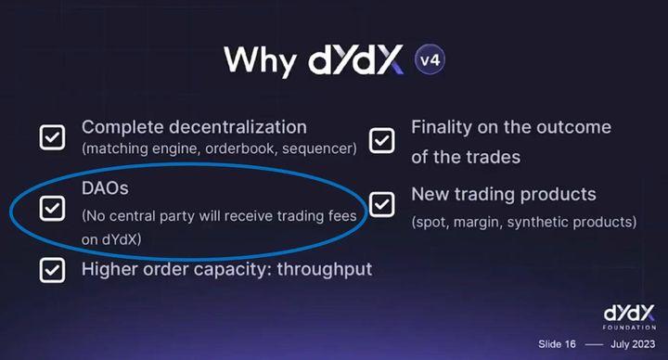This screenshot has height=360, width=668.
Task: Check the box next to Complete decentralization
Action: click(x=52, y=137)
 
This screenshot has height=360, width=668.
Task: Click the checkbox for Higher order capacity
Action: click(x=52, y=270)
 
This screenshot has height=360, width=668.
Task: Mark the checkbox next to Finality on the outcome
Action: click(x=381, y=140)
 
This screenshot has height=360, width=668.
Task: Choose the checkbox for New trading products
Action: click(x=381, y=203)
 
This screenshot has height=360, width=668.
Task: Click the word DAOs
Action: click(x=105, y=188)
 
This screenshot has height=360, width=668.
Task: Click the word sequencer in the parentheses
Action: click(x=318, y=148)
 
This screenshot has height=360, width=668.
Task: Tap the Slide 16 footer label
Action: click(x=557, y=343)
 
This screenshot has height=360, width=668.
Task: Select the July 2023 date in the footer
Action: click(x=634, y=343)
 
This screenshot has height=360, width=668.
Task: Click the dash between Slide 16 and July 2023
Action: click(x=594, y=343)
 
